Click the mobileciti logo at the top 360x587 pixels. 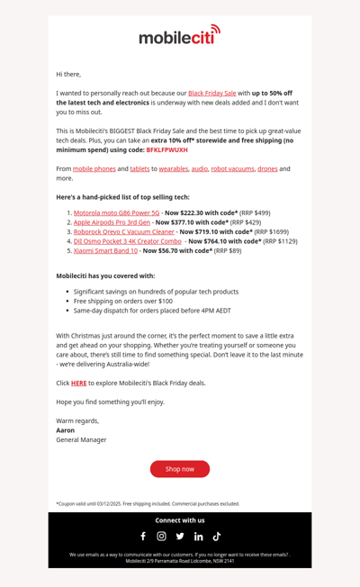(x=179, y=36)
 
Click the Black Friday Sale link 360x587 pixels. (x=212, y=93)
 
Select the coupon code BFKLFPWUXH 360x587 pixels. (x=166, y=149)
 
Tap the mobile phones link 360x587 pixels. (x=94, y=168)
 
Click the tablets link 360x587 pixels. (x=139, y=168)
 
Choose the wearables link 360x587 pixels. (x=174, y=168)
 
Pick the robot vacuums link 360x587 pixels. (x=233, y=168)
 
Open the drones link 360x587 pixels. (x=267, y=168)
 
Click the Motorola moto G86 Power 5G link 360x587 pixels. (x=116, y=212)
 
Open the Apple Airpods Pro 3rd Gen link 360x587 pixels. (x=112, y=221)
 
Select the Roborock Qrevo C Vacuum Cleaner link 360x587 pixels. (x=124, y=231)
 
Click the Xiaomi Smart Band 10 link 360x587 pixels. (x=105, y=250)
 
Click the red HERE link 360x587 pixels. (x=78, y=383)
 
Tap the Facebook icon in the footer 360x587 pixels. (x=142, y=537)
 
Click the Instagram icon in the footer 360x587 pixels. (x=161, y=537)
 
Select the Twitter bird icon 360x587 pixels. (x=180, y=537)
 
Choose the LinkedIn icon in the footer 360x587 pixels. (x=199, y=537)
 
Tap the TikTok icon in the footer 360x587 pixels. (x=217, y=537)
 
